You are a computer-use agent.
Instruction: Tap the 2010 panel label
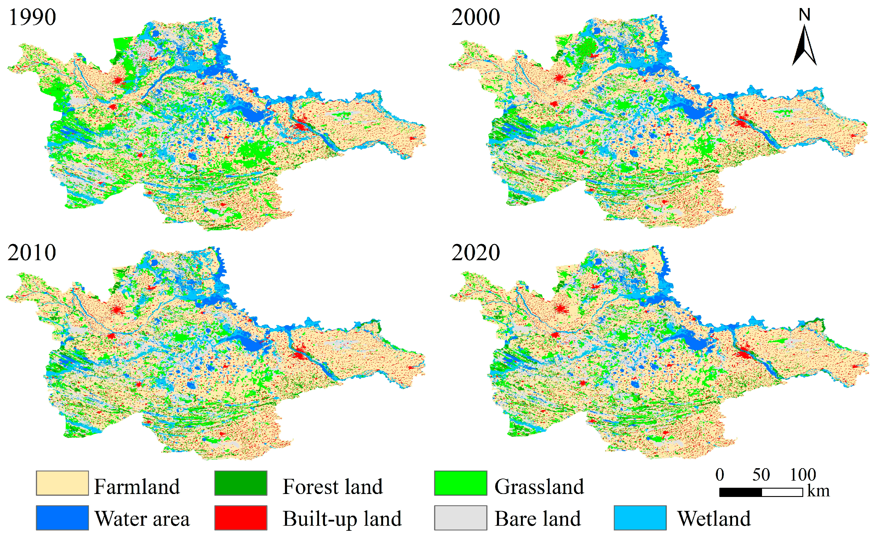pyautogui.click(x=32, y=253)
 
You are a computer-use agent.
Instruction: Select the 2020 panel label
pyautogui.click(x=476, y=253)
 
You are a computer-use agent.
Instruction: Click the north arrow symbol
pyautogui.click(x=804, y=46)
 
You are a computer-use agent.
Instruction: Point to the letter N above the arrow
pyautogui.click(x=804, y=15)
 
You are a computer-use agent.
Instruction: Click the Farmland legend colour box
pyautogui.click(x=62, y=483)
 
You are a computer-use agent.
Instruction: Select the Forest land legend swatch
pyautogui.click(x=241, y=483)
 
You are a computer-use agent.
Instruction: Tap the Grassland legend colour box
pyautogui.click(x=460, y=483)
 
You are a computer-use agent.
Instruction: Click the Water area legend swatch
pyautogui.click(x=62, y=518)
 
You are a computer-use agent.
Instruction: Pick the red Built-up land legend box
pyautogui.click(x=241, y=518)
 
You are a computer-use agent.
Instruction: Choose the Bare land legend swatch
pyautogui.click(x=460, y=518)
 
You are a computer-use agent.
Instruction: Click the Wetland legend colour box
pyautogui.click(x=640, y=518)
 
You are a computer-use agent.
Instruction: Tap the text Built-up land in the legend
pyautogui.click(x=342, y=519)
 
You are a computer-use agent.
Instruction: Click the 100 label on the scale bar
pyautogui.click(x=803, y=475)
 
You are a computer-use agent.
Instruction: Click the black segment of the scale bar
pyautogui.click(x=740, y=492)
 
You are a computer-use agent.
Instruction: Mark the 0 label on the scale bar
pyautogui.click(x=720, y=475)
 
